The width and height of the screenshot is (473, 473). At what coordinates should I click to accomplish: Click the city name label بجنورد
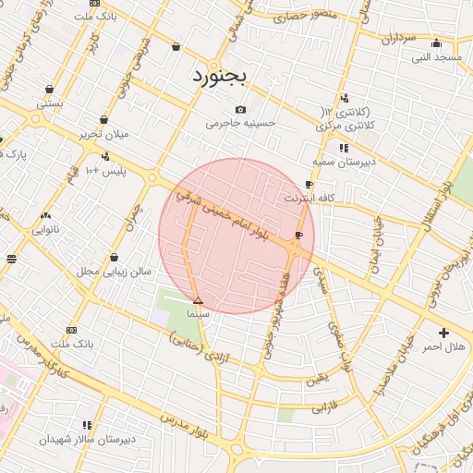[x=221, y=77]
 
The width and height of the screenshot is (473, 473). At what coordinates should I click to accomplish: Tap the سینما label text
[x=199, y=314]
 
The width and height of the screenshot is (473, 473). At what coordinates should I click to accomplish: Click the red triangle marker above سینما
[x=198, y=300]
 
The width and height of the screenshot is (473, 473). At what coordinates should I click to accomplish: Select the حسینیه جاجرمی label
[x=236, y=123]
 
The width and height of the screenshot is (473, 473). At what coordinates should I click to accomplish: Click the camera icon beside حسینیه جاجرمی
[x=241, y=109]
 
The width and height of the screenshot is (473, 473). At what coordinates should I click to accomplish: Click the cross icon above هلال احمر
[x=443, y=333]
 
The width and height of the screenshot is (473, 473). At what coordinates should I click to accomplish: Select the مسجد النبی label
[x=436, y=57]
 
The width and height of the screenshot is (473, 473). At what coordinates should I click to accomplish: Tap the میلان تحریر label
[x=103, y=134]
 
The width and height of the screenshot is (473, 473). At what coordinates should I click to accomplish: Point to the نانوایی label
[x=44, y=229]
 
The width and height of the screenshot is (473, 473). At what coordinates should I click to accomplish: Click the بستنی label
[x=50, y=103]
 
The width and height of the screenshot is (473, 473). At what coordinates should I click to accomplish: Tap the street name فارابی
[x=319, y=406]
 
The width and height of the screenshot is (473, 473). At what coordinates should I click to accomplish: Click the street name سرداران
[x=398, y=39]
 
